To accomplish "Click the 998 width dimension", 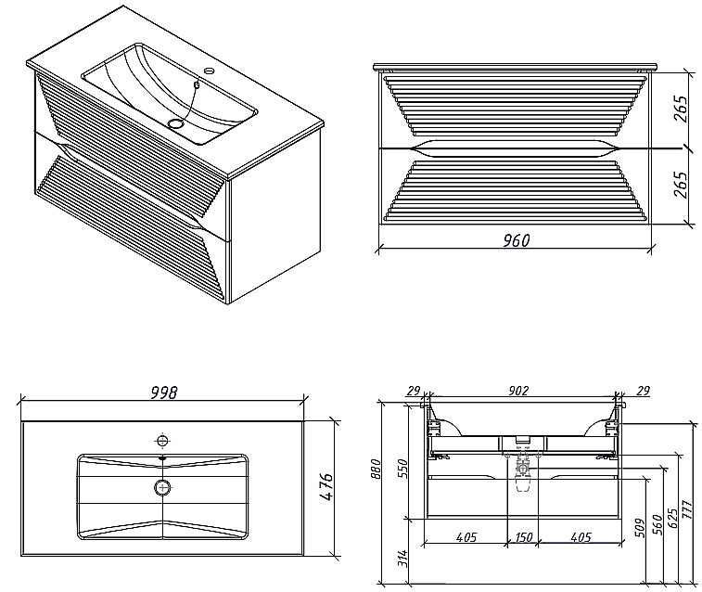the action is pos(164,393).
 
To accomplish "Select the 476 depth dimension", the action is pos(326,487).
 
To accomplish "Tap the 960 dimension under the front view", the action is pos(517,241).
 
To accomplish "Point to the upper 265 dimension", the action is pos(680,109).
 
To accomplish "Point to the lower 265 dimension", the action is pos(680,185).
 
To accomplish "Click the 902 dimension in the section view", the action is pos(518,391).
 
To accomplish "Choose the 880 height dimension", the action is pos(377,469).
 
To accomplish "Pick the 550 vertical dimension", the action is pos(403,469).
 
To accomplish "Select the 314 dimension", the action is pos(403,559).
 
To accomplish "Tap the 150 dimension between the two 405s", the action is pos(523,537).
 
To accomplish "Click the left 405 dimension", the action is pos(466,537).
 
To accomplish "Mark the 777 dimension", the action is pos(687,509).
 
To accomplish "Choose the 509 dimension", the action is pos(641,528).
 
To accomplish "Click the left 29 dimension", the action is pos(414,391).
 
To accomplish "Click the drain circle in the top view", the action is pos(163,487).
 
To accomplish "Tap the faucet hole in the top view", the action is pos(162,441).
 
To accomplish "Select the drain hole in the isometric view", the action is pos(176,122).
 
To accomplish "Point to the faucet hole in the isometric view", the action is pos(209,71).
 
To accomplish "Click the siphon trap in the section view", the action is pos(522,477).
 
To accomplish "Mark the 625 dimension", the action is pos(672,518).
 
